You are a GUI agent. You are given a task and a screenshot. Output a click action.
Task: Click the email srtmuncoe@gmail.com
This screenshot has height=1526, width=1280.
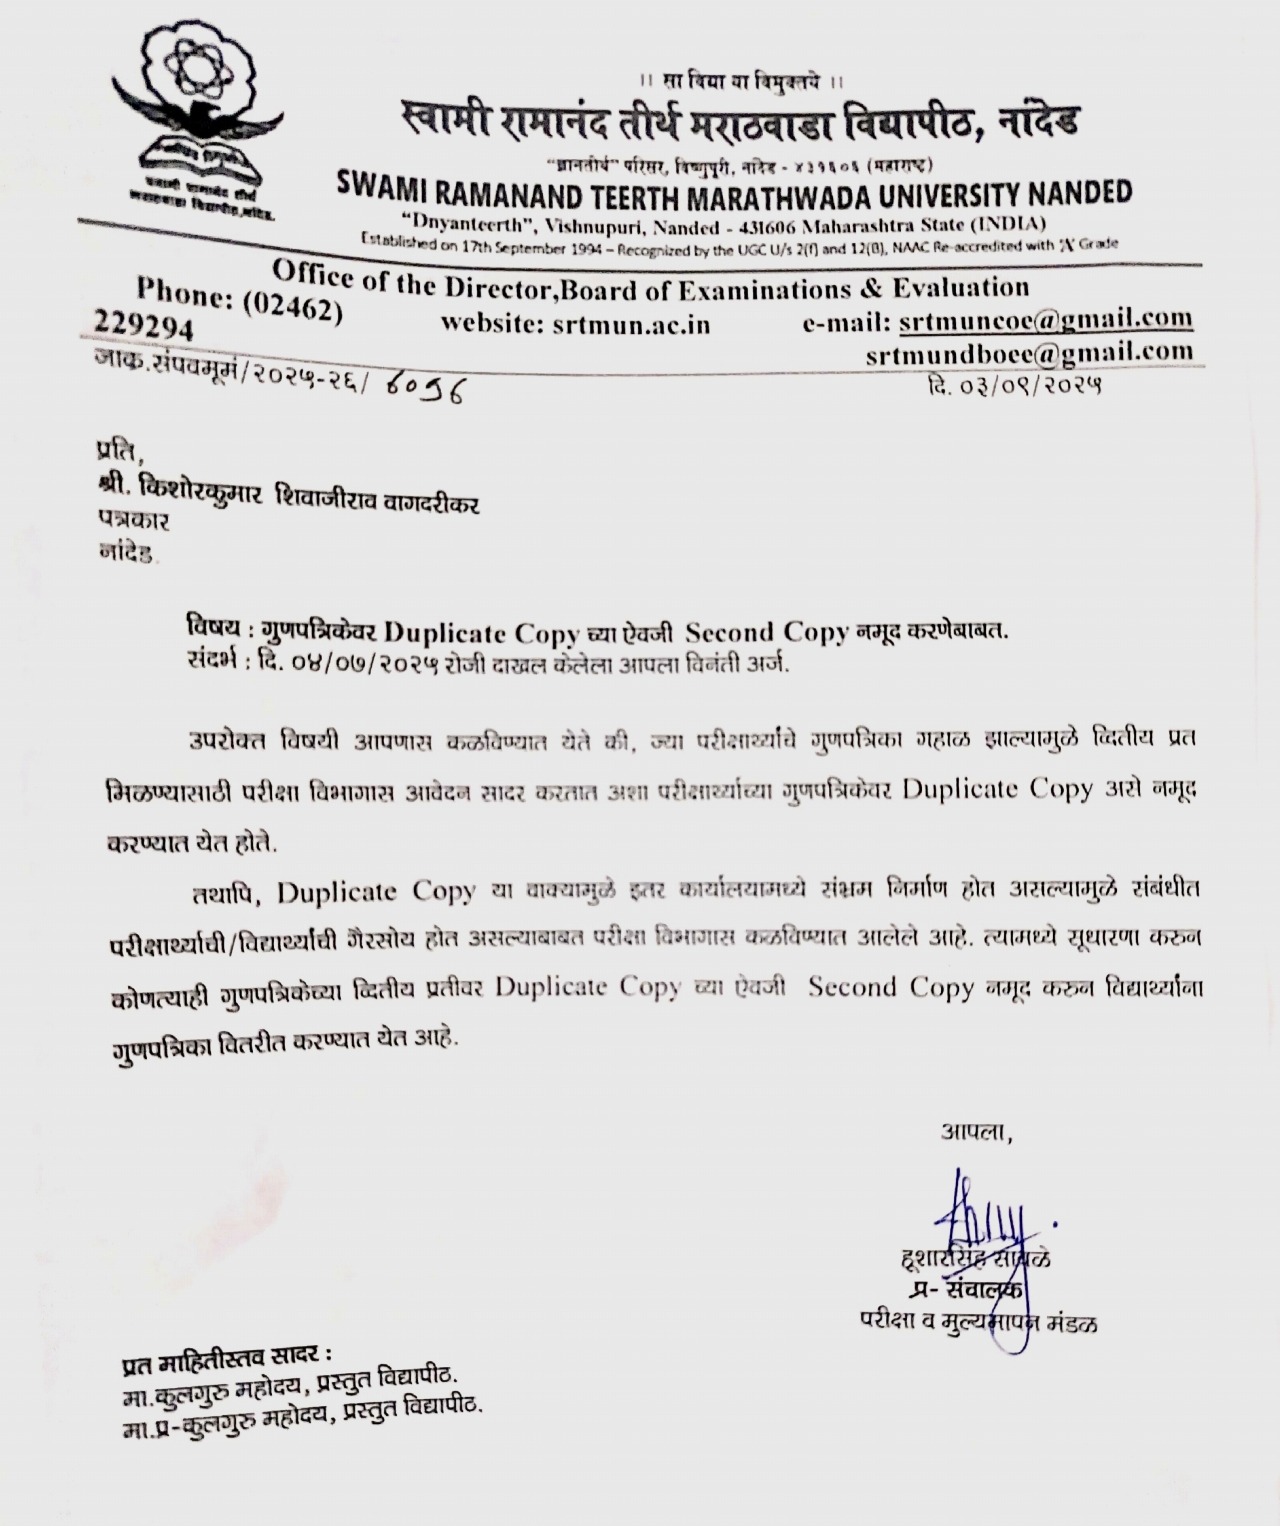(1045, 321)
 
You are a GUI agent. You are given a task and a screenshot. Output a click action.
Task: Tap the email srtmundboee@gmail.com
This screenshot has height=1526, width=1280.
(1029, 352)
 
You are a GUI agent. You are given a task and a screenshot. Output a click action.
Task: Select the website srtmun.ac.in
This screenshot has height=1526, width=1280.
(575, 324)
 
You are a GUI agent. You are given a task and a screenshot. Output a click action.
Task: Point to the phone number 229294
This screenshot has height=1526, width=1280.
(144, 329)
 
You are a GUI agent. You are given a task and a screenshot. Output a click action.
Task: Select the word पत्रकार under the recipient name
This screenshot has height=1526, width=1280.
(134, 521)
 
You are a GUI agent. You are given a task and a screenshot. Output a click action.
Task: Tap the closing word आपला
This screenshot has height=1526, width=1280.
(975, 1134)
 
